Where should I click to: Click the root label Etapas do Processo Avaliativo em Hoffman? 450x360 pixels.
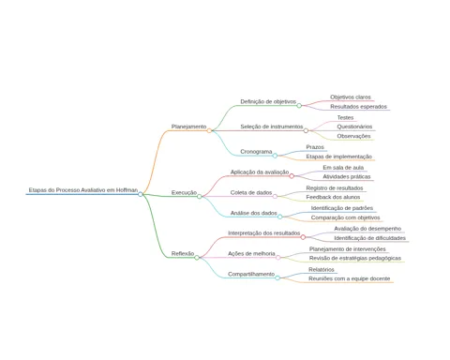[x=83, y=190]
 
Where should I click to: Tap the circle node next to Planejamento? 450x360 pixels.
[x=209, y=130]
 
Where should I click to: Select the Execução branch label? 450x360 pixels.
[x=184, y=192]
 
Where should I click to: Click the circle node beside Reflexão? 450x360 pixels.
[x=197, y=258]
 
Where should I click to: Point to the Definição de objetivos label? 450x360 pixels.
[x=268, y=101]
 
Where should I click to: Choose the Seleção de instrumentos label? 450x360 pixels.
[x=272, y=127]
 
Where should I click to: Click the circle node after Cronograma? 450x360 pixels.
[x=275, y=156]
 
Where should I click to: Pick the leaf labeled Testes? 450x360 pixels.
[x=345, y=117]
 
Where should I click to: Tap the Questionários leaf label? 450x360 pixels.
[x=354, y=127]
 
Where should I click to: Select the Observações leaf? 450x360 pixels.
[x=353, y=136]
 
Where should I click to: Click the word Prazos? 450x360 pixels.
[x=315, y=147]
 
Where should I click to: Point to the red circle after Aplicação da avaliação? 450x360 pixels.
[x=292, y=176]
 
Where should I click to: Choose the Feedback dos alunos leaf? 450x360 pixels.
[x=333, y=197]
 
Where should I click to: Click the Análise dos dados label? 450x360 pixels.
[x=254, y=213]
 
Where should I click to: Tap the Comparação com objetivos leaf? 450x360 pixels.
[x=345, y=217]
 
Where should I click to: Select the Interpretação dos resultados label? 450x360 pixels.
[x=263, y=233]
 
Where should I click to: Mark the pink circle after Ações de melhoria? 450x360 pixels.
[x=278, y=258]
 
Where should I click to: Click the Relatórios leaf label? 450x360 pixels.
[x=322, y=269]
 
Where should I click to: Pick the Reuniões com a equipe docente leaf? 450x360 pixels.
[x=350, y=278]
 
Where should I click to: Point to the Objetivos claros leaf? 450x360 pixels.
[x=351, y=97]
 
